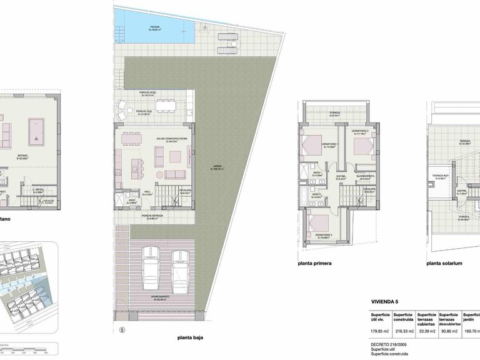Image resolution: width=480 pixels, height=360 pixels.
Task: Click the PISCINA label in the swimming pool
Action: [154, 27]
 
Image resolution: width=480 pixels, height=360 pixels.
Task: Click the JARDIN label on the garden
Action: [217, 167]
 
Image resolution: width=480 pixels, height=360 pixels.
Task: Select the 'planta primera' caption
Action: [315, 264]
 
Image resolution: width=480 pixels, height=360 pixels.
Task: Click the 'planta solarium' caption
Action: [444, 264]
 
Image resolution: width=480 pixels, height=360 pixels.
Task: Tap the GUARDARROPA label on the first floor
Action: [365, 177]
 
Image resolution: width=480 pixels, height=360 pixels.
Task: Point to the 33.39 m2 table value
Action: [427, 331]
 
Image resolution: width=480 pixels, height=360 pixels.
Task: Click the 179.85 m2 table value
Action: [380, 331]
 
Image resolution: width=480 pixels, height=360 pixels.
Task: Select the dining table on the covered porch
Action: [167, 104]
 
